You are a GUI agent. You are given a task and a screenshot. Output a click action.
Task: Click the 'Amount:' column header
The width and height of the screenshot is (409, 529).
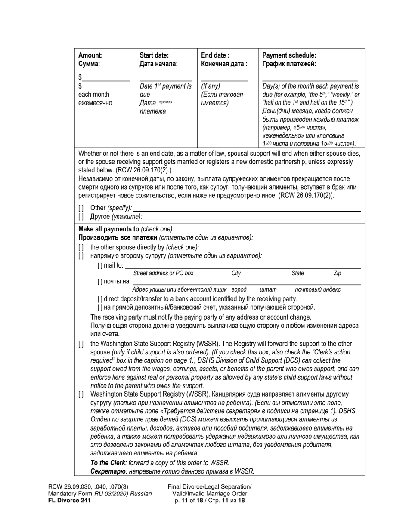pyautogui.click(x=90, y=55)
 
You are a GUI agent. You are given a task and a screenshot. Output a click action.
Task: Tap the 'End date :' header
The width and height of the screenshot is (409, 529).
pyautogui.click(x=215, y=55)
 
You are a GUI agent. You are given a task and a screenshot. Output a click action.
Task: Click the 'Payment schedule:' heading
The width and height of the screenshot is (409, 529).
pyautogui.click(x=289, y=55)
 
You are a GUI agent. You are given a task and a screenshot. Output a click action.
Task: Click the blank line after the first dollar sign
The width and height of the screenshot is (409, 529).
pyautogui.click(x=106, y=78)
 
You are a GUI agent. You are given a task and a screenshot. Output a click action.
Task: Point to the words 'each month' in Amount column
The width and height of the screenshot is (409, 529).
pyautogui.click(x=93, y=95)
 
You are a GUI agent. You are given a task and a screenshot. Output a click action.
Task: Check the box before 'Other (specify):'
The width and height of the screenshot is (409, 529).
pyautogui.click(x=81, y=208)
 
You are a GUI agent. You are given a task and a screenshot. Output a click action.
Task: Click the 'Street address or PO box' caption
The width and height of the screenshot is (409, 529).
pyautogui.click(x=163, y=274)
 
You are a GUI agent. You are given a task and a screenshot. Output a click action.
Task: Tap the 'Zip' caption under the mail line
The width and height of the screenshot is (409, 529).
pyautogui.click(x=338, y=274)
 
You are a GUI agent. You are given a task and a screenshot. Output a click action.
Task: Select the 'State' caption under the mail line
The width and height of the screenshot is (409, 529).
pyautogui.click(x=297, y=274)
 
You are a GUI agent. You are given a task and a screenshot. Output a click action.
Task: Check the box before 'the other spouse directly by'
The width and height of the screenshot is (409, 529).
pyautogui.click(x=81, y=248)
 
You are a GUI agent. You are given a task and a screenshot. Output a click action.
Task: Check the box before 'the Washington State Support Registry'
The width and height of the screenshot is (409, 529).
pyautogui.click(x=81, y=344)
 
